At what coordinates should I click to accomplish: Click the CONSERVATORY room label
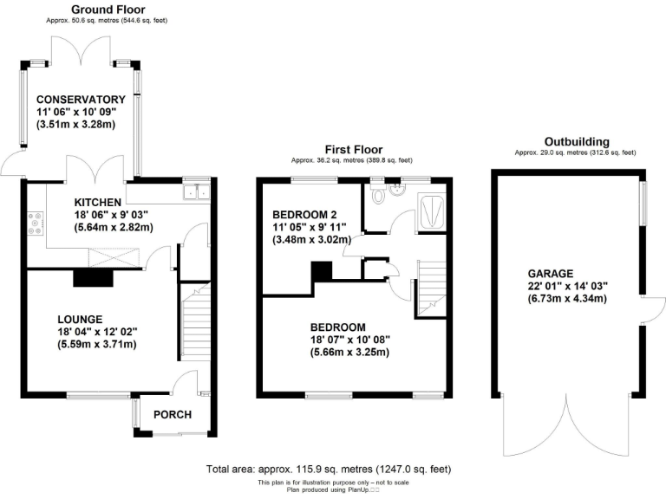pyautogui.click(x=81, y=100)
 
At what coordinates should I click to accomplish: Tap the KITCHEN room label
pyautogui.click(x=96, y=202)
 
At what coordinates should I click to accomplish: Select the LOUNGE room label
pyautogui.click(x=81, y=318)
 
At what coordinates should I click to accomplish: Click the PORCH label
pyautogui.click(x=172, y=415)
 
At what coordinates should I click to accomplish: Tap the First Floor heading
pyautogui.click(x=353, y=149)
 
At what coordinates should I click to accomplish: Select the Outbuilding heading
pyautogui.click(x=576, y=141)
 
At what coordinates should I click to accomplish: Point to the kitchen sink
pyautogui.click(x=195, y=192)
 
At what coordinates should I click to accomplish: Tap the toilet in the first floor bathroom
pyautogui.click(x=377, y=195)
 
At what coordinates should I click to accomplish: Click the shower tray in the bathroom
pyautogui.click(x=431, y=211)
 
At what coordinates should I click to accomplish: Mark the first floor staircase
pyautogui.click(x=431, y=288)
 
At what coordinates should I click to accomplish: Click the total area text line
pyautogui.click(x=329, y=469)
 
